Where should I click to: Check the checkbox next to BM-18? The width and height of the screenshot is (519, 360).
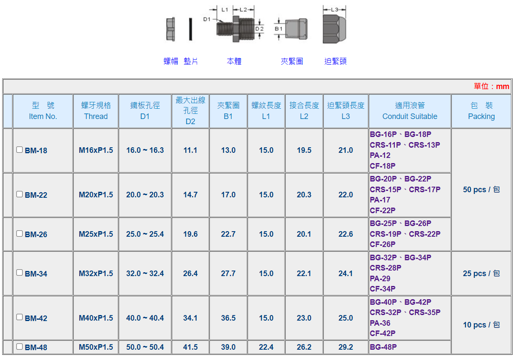pos(19,149)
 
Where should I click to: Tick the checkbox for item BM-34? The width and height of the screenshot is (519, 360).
pos(19,272)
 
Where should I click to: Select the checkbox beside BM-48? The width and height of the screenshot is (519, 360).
pos(19,346)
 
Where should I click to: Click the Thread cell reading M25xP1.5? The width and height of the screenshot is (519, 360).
pos(96,234)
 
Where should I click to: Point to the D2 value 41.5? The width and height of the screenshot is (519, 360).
pos(190,347)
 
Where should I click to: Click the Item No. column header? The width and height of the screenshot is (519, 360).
pos(43,111)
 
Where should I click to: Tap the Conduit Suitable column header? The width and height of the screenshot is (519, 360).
pos(410,111)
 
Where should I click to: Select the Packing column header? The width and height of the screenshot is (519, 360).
pos(481,111)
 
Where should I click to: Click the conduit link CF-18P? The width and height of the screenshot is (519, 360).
pos(382,166)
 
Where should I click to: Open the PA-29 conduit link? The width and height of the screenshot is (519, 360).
pos(380,279)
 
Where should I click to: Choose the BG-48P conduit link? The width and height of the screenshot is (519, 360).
pos(383,347)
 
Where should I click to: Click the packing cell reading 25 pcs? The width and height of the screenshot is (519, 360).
pos(481,274)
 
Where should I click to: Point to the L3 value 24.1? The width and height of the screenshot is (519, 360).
pos(346,274)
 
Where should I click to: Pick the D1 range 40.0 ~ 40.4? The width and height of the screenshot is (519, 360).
pos(145,318)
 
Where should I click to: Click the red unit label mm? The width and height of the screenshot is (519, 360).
pos(502,86)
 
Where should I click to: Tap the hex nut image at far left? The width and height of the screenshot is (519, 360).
pos(170,29)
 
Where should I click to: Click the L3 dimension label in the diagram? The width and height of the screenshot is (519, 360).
pos(334,9)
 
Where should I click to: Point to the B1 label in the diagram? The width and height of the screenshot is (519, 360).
pos(278,29)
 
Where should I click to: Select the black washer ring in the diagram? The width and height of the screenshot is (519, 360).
pos(191,29)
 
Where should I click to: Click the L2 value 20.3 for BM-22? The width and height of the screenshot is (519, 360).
pos(304,195)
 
